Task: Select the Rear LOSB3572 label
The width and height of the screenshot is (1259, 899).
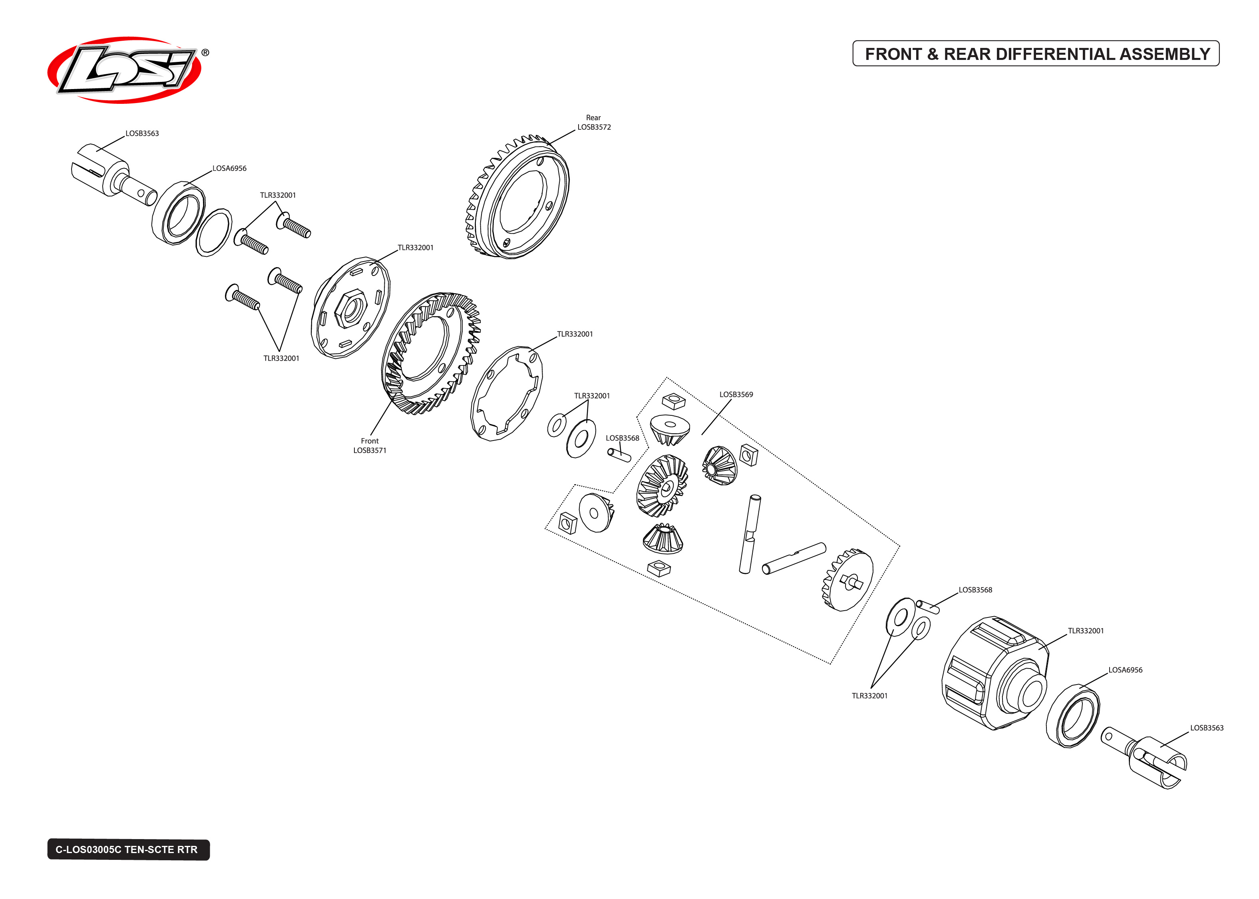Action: (593, 122)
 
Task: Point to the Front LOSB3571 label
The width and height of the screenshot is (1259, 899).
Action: (370, 446)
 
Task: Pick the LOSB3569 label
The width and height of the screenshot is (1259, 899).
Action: (736, 395)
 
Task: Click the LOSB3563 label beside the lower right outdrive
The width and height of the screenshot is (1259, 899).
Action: (1207, 728)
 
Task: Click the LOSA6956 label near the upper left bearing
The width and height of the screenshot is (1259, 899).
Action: (229, 168)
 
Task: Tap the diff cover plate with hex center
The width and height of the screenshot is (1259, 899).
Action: (350, 307)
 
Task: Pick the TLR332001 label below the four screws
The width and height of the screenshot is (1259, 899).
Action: (281, 359)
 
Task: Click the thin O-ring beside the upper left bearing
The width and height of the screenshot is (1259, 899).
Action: (214, 232)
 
